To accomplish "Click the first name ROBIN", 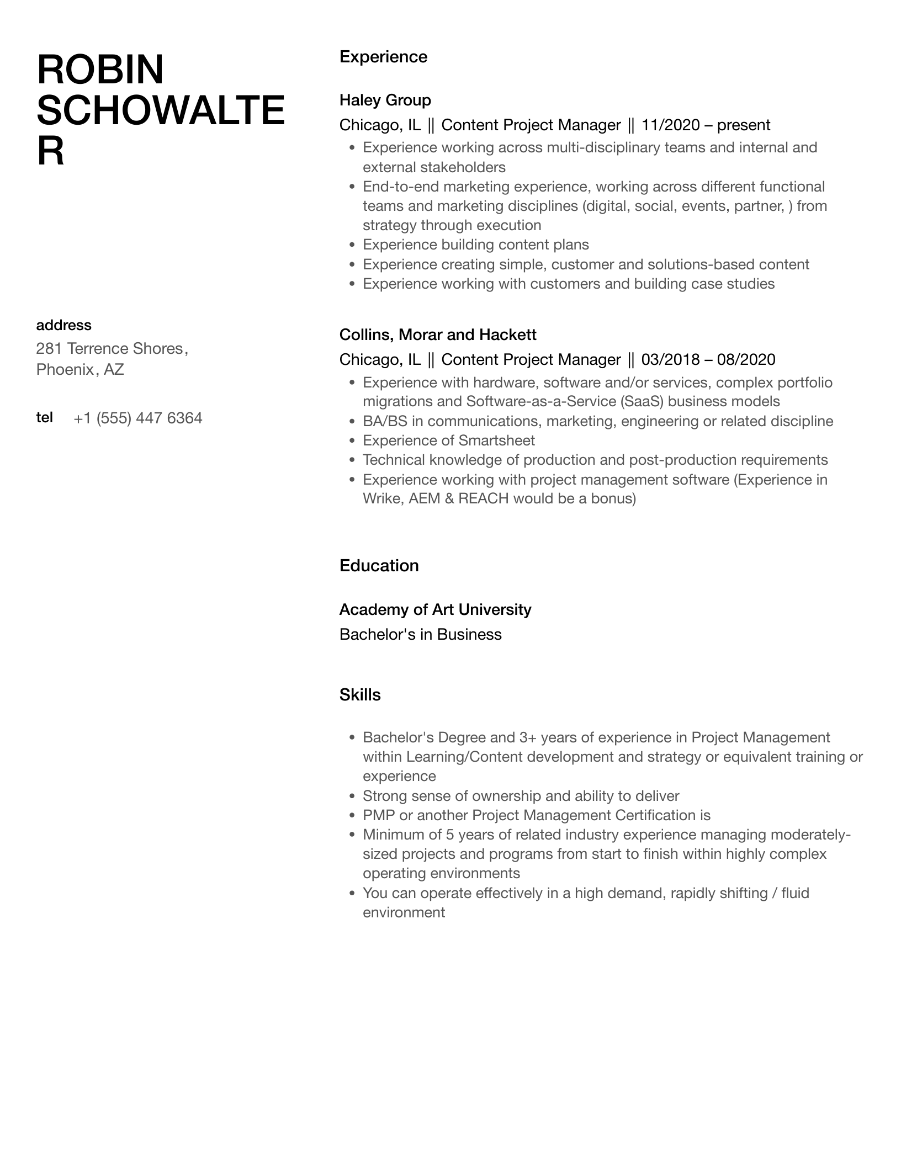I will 100,70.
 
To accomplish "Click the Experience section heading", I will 383,57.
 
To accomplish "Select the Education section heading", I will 379,566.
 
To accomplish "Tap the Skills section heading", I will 360,695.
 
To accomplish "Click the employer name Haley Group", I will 385,100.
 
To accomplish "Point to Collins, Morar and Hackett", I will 438,334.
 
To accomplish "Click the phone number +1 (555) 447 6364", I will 138,418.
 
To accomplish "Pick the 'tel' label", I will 45,417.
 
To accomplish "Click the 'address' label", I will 63,325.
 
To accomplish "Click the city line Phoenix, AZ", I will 80,369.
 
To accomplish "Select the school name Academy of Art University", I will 435,610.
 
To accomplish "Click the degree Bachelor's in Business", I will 420,635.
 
